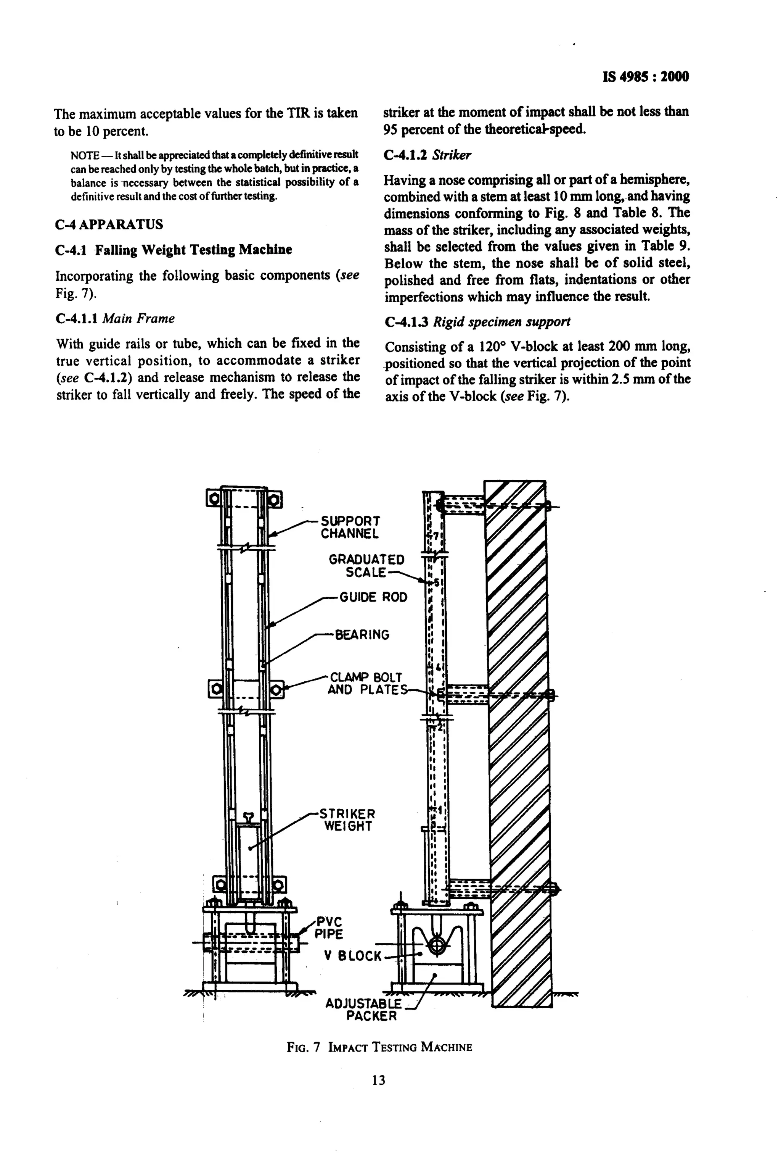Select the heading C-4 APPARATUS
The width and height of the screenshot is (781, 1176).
tap(109, 224)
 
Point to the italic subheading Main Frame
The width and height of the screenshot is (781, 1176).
tap(138, 319)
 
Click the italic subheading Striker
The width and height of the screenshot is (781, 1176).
tap(451, 155)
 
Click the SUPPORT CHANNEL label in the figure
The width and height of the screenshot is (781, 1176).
tap(350, 528)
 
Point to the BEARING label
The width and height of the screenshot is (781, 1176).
tap(362, 635)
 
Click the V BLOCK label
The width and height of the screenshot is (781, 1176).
tap(352, 956)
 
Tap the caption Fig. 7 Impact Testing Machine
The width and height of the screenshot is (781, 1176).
tap(379, 1047)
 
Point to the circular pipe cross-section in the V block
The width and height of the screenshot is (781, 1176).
tap(437, 945)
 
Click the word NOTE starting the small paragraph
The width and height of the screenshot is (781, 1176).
tap(85, 155)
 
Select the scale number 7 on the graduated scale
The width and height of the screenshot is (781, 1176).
tap(435, 536)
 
